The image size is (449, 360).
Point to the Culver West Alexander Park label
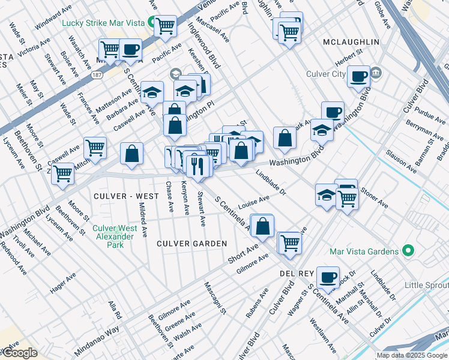tap(115, 236)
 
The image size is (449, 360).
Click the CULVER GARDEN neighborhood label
tap(192, 243)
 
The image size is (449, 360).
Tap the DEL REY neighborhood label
tap(294, 273)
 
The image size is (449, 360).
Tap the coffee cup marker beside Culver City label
tap(359, 77)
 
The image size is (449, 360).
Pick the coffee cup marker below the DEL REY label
tap(328, 277)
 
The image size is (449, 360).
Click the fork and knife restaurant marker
tap(197, 165)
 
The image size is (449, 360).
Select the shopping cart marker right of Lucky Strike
tap(165, 26)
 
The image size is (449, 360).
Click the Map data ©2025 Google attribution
tap(412, 355)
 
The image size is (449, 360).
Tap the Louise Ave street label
tap(253, 202)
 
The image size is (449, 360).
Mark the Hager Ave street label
tap(63, 283)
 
